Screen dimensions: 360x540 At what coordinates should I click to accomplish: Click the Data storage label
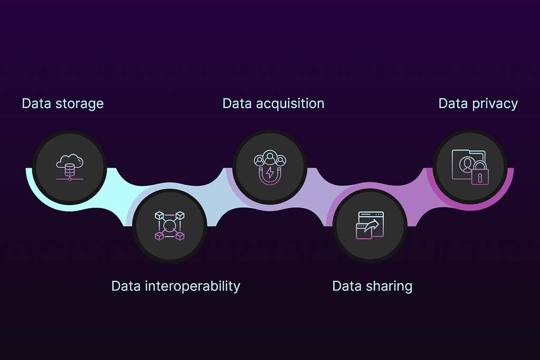click(x=63, y=103)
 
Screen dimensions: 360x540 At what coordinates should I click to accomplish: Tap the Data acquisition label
click(x=273, y=103)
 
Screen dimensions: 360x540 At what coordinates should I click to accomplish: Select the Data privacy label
click(x=478, y=103)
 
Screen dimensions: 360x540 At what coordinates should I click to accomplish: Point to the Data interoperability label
click(x=176, y=286)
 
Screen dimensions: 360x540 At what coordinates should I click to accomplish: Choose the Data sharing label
click(x=372, y=286)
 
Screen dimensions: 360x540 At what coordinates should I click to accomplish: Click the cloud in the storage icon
click(x=71, y=160)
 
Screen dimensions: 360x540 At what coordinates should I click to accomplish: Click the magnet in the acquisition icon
click(x=269, y=176)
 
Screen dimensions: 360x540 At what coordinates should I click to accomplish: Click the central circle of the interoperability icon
click(x=169, y=226)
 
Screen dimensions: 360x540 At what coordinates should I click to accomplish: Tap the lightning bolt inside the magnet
click(x=269, y=172)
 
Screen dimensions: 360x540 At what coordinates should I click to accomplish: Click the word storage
click(x=80, y=104)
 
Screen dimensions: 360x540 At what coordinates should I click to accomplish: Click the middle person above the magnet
click(x=269, y=158)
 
